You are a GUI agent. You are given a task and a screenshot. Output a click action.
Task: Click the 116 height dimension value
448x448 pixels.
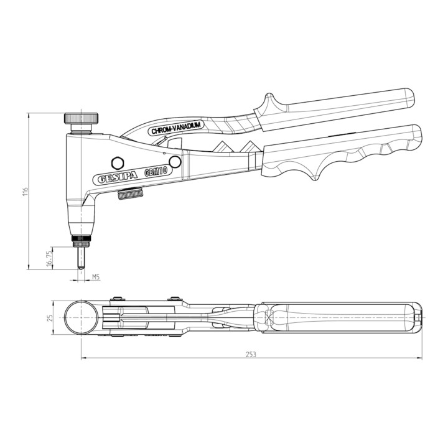(26, 191)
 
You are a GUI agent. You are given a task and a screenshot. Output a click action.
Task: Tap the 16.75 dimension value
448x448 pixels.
(49, 258)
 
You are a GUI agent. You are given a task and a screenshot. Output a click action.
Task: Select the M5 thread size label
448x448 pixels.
(95, 276)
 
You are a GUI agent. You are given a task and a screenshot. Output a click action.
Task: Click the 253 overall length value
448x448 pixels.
(251, 354)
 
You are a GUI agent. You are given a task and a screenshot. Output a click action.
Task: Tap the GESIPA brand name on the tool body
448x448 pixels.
(118, 177)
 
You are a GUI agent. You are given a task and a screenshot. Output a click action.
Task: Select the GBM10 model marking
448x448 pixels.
(156, 172)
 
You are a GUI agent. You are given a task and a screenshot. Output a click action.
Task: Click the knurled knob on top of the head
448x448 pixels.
(81, 118)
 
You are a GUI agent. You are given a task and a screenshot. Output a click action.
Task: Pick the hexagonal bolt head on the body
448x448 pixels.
(117, 164)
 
